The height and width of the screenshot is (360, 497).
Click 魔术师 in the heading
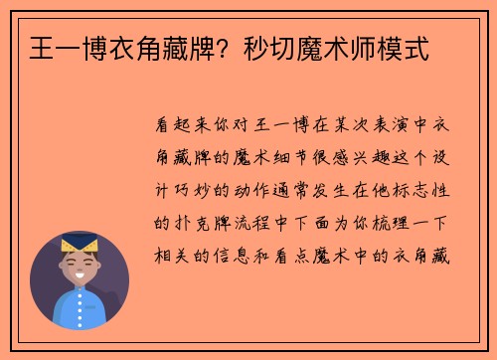331,47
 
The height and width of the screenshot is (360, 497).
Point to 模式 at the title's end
408,47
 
